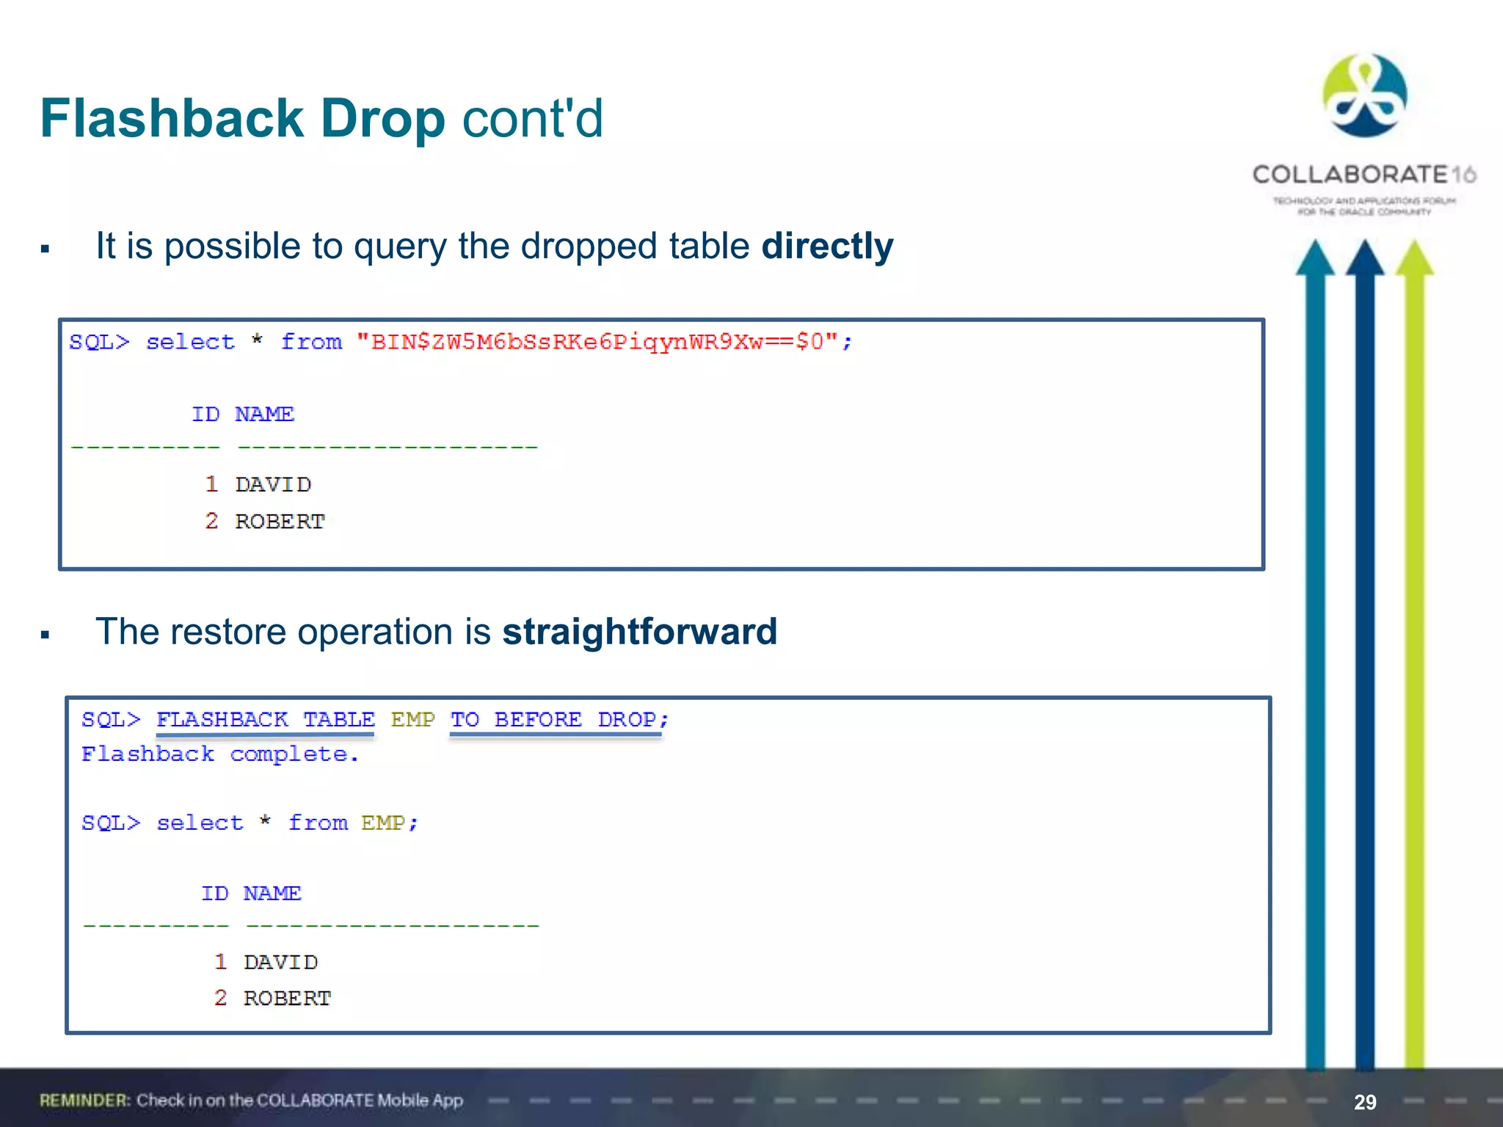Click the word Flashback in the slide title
172,118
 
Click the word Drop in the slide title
383,118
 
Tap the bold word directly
827,246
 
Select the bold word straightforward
639,632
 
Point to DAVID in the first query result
273,484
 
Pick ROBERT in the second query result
287,998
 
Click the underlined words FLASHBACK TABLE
265,719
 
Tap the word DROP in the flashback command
627,719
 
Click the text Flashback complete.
220,754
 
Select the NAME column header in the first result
264,415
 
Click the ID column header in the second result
215,893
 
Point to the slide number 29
1364,1102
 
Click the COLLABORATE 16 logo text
1364,175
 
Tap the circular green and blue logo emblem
1364,95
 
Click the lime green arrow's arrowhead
1414,258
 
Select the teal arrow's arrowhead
1314,258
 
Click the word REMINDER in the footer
84,1100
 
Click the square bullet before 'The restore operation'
46,635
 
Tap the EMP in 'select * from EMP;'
382,823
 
